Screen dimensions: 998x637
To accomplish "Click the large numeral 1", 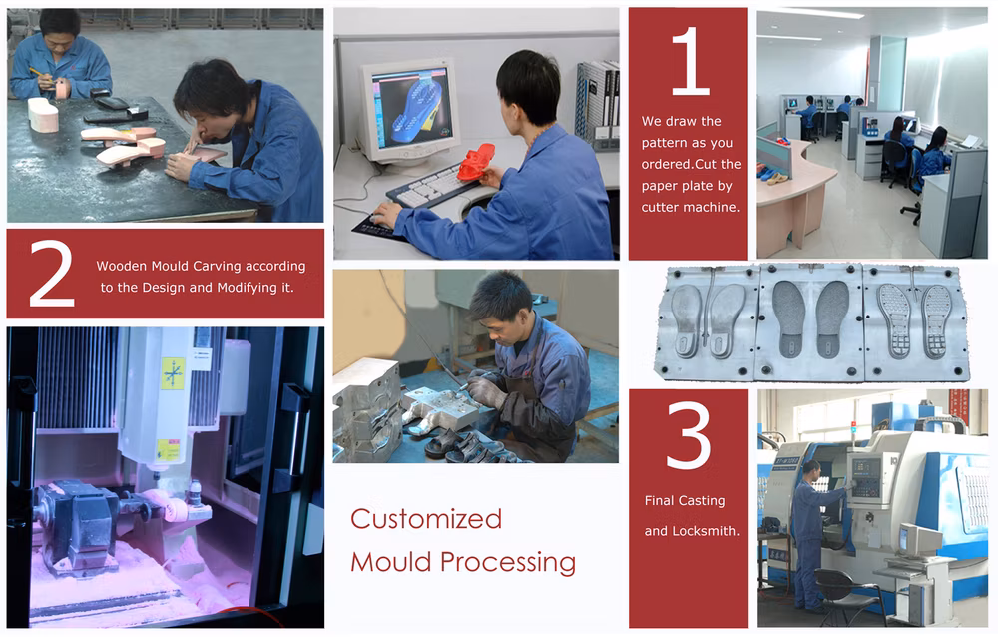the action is [x=691, y=61].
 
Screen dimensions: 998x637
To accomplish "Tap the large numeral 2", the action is [x=52, y=274].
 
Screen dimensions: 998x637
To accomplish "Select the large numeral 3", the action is [x=688, y=435].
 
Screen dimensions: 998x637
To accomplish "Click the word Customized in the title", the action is [x=426, y=519].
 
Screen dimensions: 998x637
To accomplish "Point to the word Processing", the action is [x=508, y=563].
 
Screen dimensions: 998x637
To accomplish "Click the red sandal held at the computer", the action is [x=475, y=162].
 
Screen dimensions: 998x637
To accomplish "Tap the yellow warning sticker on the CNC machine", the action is [x=173, y=373].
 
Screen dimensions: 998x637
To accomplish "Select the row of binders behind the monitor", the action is [x=598, y=103].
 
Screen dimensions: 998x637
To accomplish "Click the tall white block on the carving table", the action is [x=43, y=115].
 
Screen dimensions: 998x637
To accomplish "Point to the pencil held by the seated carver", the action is [x=37, y=72].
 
